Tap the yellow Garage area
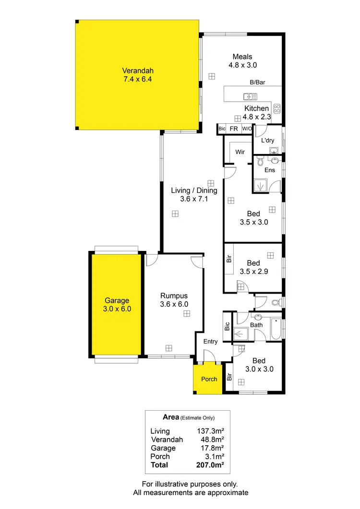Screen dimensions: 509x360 pos(117,305)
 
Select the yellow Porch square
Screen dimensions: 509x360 pos(208,379)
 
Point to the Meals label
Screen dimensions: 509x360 pos(242,57)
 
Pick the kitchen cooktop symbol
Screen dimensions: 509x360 pos(277,108)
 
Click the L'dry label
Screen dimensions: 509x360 pos(267,141)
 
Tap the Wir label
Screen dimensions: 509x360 pos(240,152)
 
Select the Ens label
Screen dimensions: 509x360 pos(270,170)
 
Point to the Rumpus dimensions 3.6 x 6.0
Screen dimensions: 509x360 pos(174,304)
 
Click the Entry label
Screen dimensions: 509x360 pos(210,342)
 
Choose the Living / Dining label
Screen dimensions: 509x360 pos(194,190)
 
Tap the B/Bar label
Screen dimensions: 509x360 pos(257,83)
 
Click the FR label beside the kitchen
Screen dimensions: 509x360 pos(234,129)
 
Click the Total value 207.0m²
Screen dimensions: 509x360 pos(210,465)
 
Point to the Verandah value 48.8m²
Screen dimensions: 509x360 pos(212,439)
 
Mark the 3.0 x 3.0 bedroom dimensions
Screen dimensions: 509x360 pos(259,369)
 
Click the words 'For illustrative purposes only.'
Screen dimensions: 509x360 pos(191,484)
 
